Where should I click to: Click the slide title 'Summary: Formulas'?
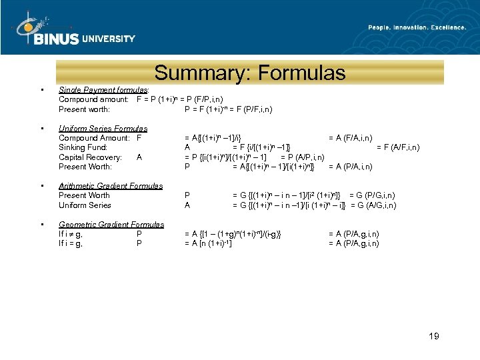249,73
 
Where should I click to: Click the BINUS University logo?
74,31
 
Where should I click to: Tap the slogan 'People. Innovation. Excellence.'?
417,27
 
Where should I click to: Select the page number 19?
433,336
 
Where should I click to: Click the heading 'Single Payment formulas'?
103,89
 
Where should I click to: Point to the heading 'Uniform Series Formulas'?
103,128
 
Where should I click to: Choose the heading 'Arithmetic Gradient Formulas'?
111,186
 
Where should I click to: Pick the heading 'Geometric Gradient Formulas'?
111,225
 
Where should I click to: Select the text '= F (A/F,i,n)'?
398,147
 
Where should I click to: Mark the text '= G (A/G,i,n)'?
373,205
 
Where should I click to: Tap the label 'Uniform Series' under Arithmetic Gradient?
85,205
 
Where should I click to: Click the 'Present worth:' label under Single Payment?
84,109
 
